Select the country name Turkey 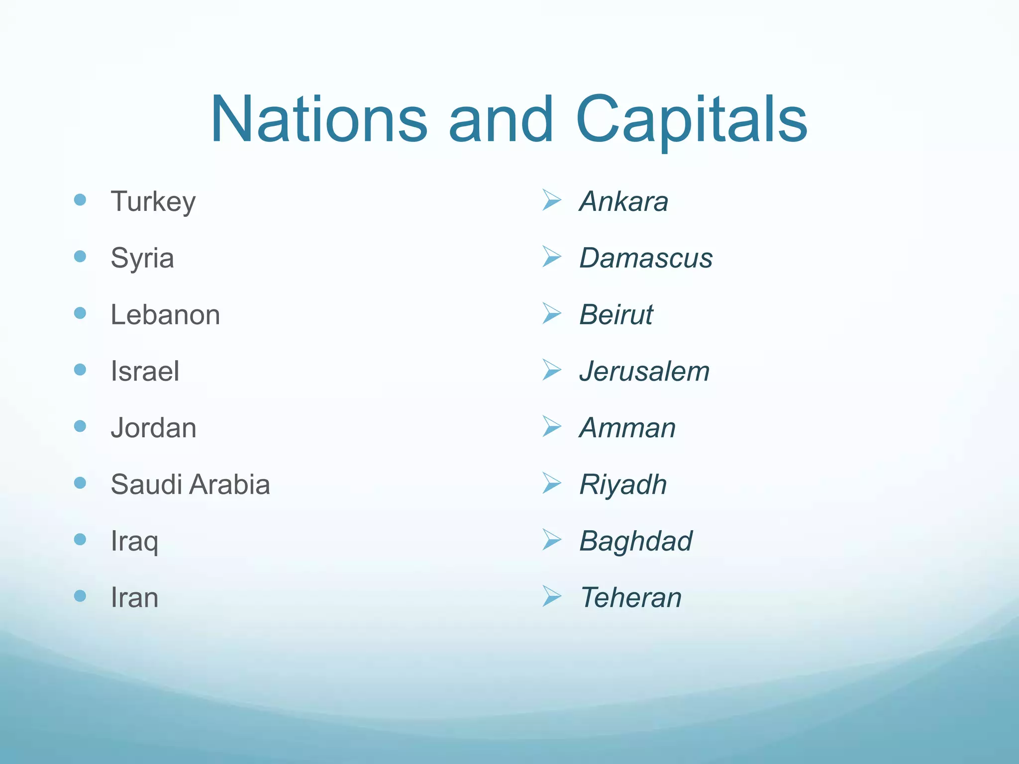(x=153, y=201)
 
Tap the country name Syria (x=142, y=258)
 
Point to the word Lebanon (x=165, y=315)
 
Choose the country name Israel (x=145, y=372)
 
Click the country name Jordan (x=154, y=428)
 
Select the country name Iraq (x=134, y=541)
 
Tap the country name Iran (x=134, y=598)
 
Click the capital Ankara (x=624, y=201)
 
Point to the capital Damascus (x=646, y=258)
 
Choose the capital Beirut (x=616, y=315)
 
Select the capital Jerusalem (x=644, y=372)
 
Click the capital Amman (x=627, y=428)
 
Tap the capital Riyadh (x=623, y=484)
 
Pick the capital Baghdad (x=636, y=541)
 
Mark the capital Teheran (x=630, y=598)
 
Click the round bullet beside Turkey (x=80, y=200)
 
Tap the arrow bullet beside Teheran (x=551, y=596)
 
